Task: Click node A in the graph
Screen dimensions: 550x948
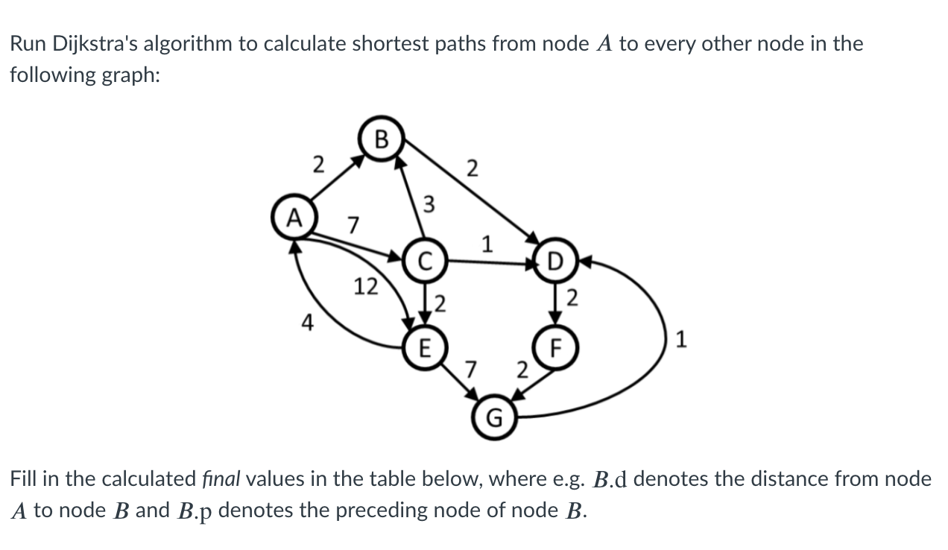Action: click(x=295, y=218)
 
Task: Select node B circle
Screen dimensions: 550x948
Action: click(x=382, y=138)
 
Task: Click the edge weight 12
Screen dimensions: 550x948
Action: click(x=365, y=286)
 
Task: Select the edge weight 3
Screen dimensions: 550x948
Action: click(x=429, y=203)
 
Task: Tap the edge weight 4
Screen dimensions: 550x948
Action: click(x=306, y=323)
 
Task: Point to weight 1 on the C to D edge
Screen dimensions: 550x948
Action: click(x=487, y=244)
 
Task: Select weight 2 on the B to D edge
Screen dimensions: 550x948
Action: click(x=470, y=168)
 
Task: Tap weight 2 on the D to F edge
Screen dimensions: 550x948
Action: click(x=572, y=300)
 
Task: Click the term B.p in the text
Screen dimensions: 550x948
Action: click(x=195, y=512)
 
